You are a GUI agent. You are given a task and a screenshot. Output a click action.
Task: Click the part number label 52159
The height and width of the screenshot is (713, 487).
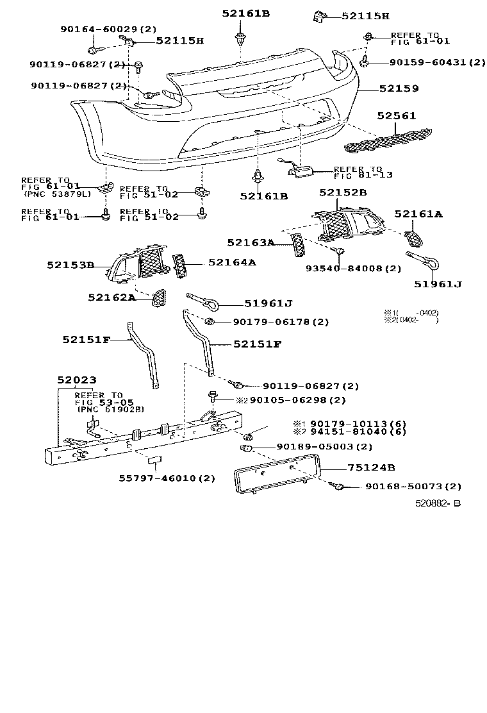(399, 89)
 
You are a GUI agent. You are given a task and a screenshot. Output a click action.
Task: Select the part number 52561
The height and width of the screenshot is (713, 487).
(397, 116)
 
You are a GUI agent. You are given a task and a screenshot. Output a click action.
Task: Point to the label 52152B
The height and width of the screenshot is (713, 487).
(343, 192)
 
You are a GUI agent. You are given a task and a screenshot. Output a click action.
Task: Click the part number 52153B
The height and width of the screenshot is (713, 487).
(70, 264)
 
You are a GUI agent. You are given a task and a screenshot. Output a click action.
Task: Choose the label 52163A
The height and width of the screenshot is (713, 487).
(251, 242)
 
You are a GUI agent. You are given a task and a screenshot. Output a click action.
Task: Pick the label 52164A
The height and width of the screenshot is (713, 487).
(231, 262)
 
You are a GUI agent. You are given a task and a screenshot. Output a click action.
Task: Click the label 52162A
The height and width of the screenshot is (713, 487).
(111, 297)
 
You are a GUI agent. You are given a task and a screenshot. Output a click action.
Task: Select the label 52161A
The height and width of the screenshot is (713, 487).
(418, 215)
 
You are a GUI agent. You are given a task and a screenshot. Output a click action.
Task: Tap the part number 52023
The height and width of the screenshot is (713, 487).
(76, 380)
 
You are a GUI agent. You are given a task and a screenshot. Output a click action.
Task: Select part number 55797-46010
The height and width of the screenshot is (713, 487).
(167, 478)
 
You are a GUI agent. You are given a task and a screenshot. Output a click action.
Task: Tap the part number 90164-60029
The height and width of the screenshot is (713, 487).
(108, 29)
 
